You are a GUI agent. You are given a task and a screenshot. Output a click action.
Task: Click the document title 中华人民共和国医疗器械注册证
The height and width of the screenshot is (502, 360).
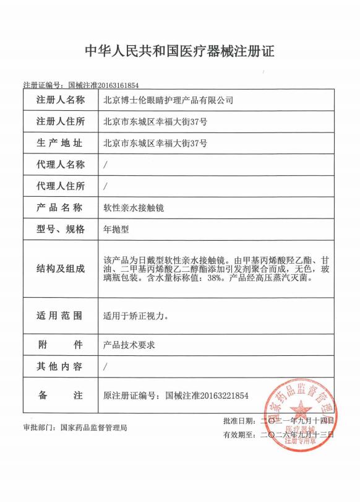[x=179, y=51]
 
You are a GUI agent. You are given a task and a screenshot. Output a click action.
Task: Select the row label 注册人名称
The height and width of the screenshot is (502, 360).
[x=60, y=100]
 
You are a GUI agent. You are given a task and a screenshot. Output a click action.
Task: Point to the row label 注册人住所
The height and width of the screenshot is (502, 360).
[x=60, y=121]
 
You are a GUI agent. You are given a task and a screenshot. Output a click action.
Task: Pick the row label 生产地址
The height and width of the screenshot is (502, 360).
[x=60, y=143]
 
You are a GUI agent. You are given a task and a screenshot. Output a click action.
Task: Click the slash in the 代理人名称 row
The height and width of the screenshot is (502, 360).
[x=106, y=165]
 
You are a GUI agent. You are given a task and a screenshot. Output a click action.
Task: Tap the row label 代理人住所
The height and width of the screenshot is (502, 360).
[x=60, y=186]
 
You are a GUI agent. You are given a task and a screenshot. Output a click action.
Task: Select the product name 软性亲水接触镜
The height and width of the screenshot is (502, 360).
[x=132, y=207]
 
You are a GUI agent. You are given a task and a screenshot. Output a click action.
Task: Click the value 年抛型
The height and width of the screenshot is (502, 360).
[x=115, y=229]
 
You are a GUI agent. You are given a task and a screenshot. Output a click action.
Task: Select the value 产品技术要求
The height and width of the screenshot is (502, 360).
[x=129, y=344]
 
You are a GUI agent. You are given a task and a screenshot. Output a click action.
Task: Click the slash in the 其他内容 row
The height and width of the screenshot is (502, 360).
[x=106, y=366]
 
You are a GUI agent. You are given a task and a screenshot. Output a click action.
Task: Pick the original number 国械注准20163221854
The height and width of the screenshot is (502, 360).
[x=207, y=395]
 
